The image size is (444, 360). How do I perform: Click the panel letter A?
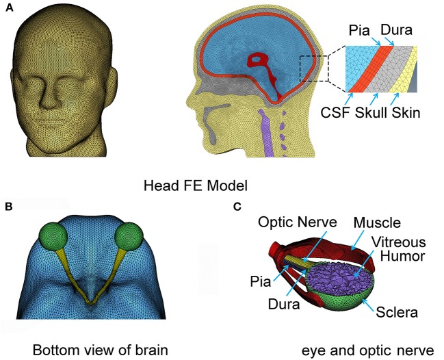tap(8, 7)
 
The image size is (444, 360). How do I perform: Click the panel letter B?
tap(8, 205)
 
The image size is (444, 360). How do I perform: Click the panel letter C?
tap(236, 205)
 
